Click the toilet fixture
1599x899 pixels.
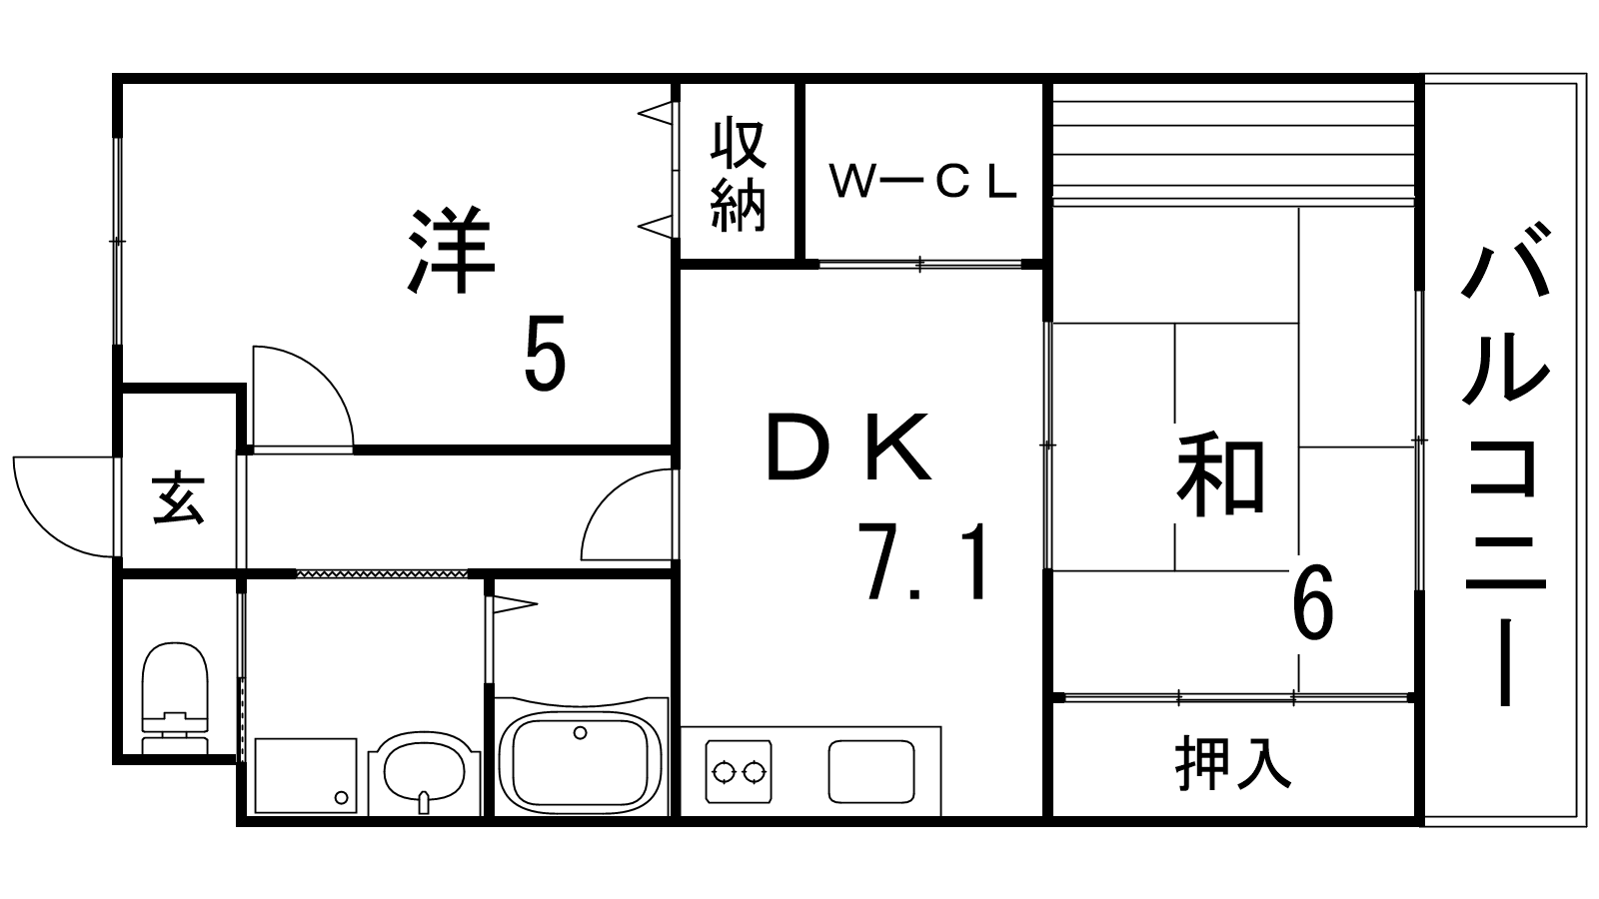pos(175,697)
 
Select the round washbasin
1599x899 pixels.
pos(424,773)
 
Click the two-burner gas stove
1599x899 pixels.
pos(739,771)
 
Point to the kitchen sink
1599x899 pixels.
pos(871,771)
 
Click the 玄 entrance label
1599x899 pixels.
pos(179,498)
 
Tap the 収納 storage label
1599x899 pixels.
pos(739,176)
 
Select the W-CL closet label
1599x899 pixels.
pos(923,182)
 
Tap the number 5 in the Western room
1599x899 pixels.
pos(545,353)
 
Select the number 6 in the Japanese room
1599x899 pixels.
pos(1313,602)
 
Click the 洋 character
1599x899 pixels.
pos(452,251)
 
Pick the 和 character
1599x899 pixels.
pos(1220,477)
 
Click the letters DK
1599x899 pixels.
pos(848,448)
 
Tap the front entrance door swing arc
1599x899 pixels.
pos(63,506)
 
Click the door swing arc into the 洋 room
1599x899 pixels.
pos(304,396)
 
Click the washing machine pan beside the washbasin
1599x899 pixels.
pos(306,775)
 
